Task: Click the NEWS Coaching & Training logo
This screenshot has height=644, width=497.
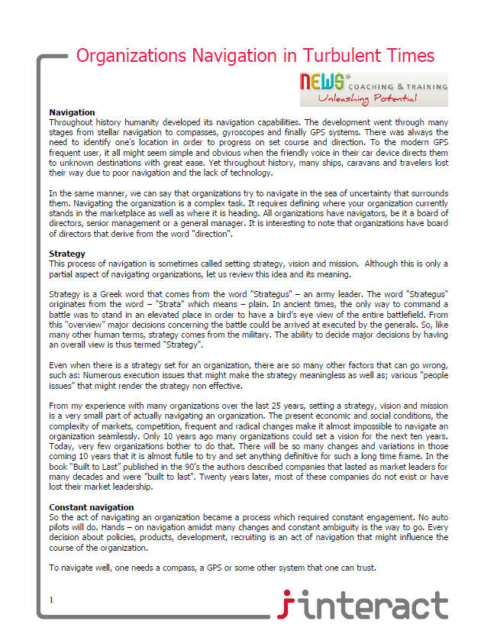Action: [x=373, y=89]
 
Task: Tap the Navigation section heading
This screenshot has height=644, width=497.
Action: [x=72, y=112]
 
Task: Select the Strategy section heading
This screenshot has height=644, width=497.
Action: [x=67, y=253]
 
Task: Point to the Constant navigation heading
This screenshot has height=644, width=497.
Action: [x=92, y=507]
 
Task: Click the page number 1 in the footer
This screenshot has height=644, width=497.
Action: [x=51, y=600]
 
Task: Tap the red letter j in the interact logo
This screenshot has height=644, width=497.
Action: [x=286, y=605]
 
